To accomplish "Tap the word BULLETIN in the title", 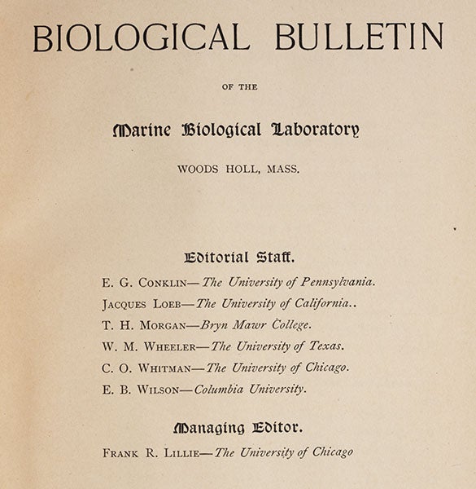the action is tap(359, 37).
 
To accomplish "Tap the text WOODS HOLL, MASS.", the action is tap(238, 170).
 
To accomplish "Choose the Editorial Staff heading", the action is tap(239, 258).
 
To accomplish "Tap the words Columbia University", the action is tap(249, 389).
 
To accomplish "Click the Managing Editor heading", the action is tap(238, 427).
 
